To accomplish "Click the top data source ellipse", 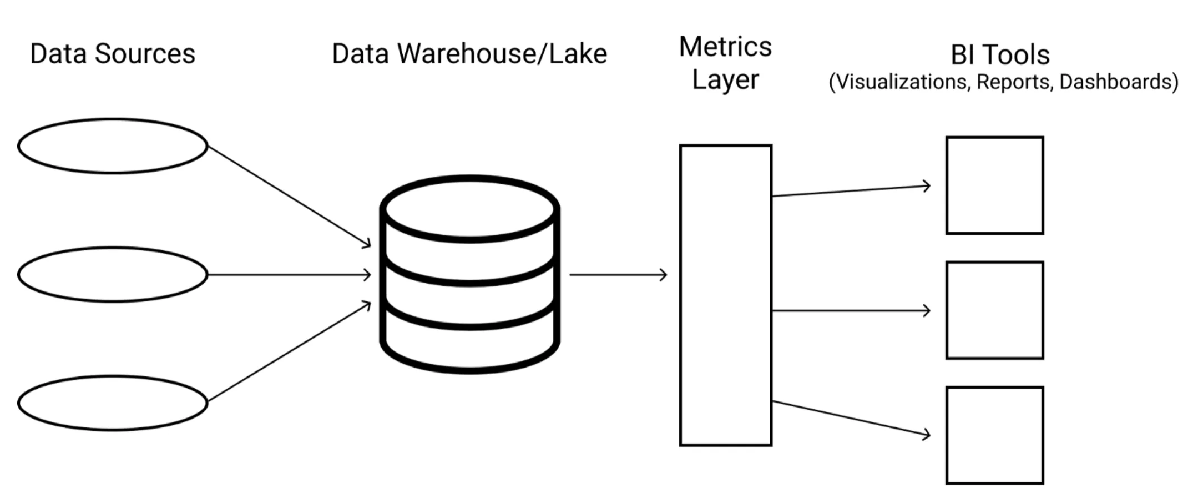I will [x=113, y=146].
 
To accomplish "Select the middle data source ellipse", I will [x=113, y=274].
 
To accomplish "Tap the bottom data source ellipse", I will [x=113, y=403].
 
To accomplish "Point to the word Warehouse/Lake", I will [x=502, y=54].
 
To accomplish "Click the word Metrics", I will [x=725, y=47].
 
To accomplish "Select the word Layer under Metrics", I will [x=725, y=80].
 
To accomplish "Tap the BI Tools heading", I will [x=1000, y=55].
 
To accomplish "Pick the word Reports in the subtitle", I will [x=1013, y=82].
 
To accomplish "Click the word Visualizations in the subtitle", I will [x=902, y=82].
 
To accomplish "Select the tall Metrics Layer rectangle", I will [x=725, y=295].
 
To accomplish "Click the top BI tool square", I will [x=994, y=185].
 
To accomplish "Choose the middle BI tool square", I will [x=994, y=310].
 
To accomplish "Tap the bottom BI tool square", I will [x=994, y=435].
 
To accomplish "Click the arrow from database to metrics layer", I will [x=617, y=274].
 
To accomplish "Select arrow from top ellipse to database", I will [x=289, y=195].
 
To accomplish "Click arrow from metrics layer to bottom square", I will [x=850, y=417].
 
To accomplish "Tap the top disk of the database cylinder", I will [x=470, y=209].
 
